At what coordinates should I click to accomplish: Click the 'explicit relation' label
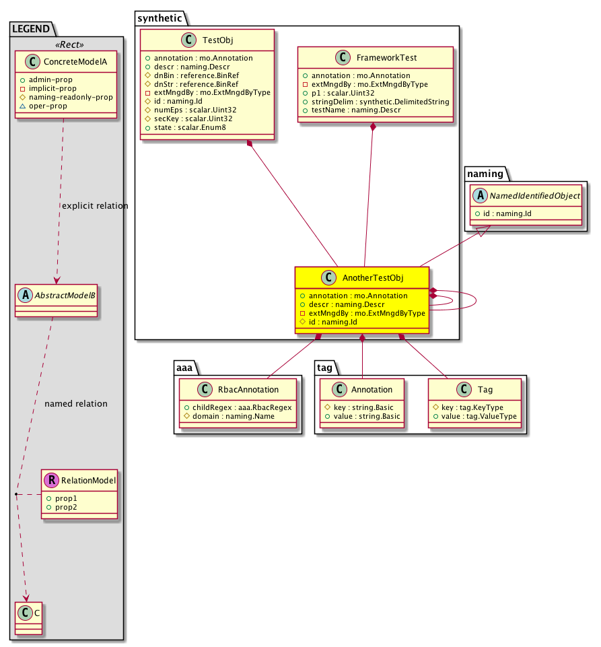click(x=94, y=205)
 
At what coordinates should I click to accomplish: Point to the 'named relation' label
click(x=75, y=404)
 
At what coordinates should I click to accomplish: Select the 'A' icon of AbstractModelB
click(x=25, y=294)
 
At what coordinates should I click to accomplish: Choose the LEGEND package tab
click(x=31, y=28)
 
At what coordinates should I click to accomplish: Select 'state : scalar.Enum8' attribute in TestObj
click(x=185, y=126)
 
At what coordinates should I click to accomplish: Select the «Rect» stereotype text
click(x=67, y=44)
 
